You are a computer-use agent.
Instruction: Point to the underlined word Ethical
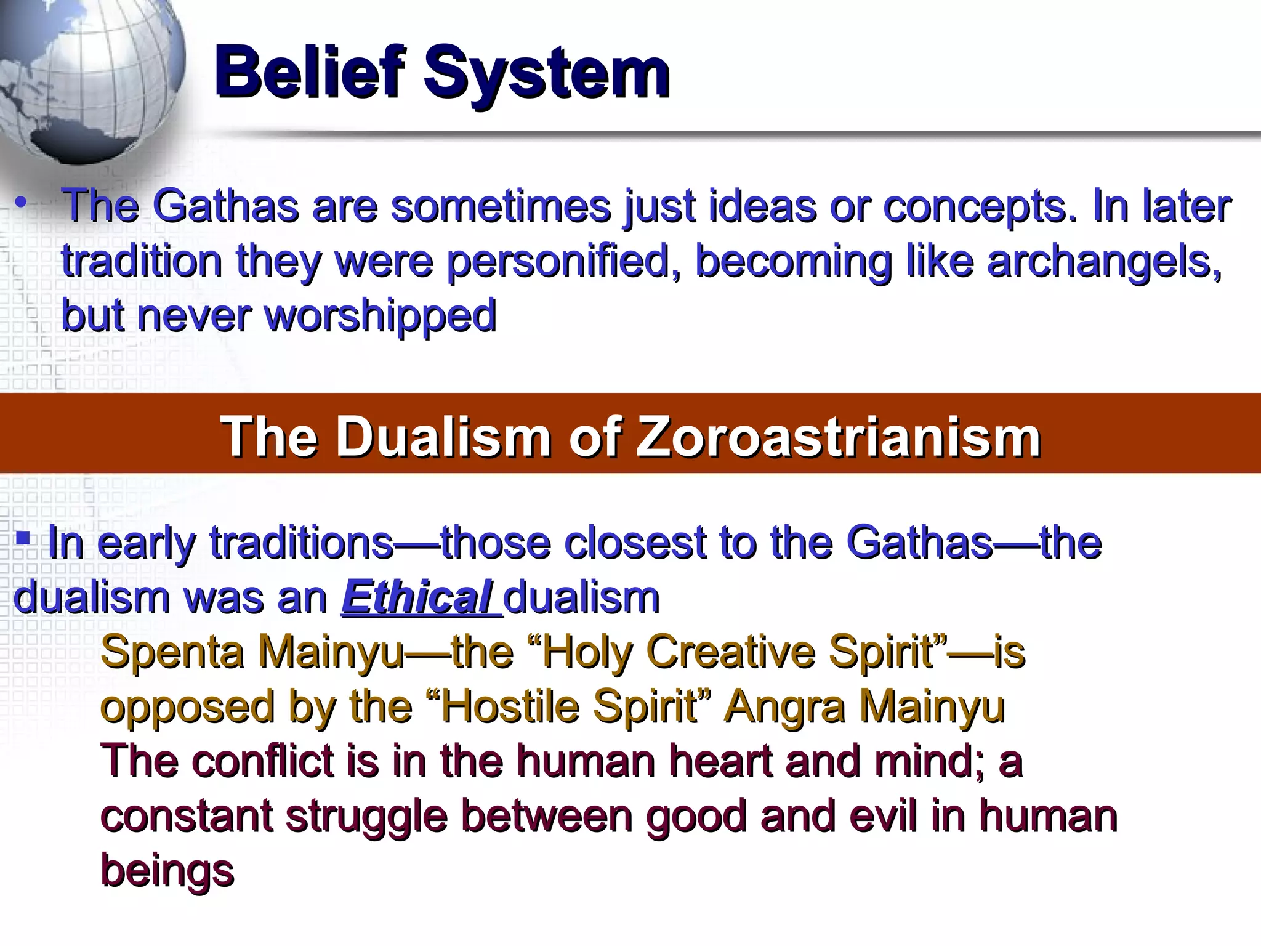(417, 597)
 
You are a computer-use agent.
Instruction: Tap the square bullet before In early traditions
(23, 538)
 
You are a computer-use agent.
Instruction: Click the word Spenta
(172, 652)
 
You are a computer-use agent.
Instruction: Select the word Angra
(786, 707)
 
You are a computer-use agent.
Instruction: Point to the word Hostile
(510, 707)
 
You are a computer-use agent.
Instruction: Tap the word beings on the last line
(167, 871)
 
